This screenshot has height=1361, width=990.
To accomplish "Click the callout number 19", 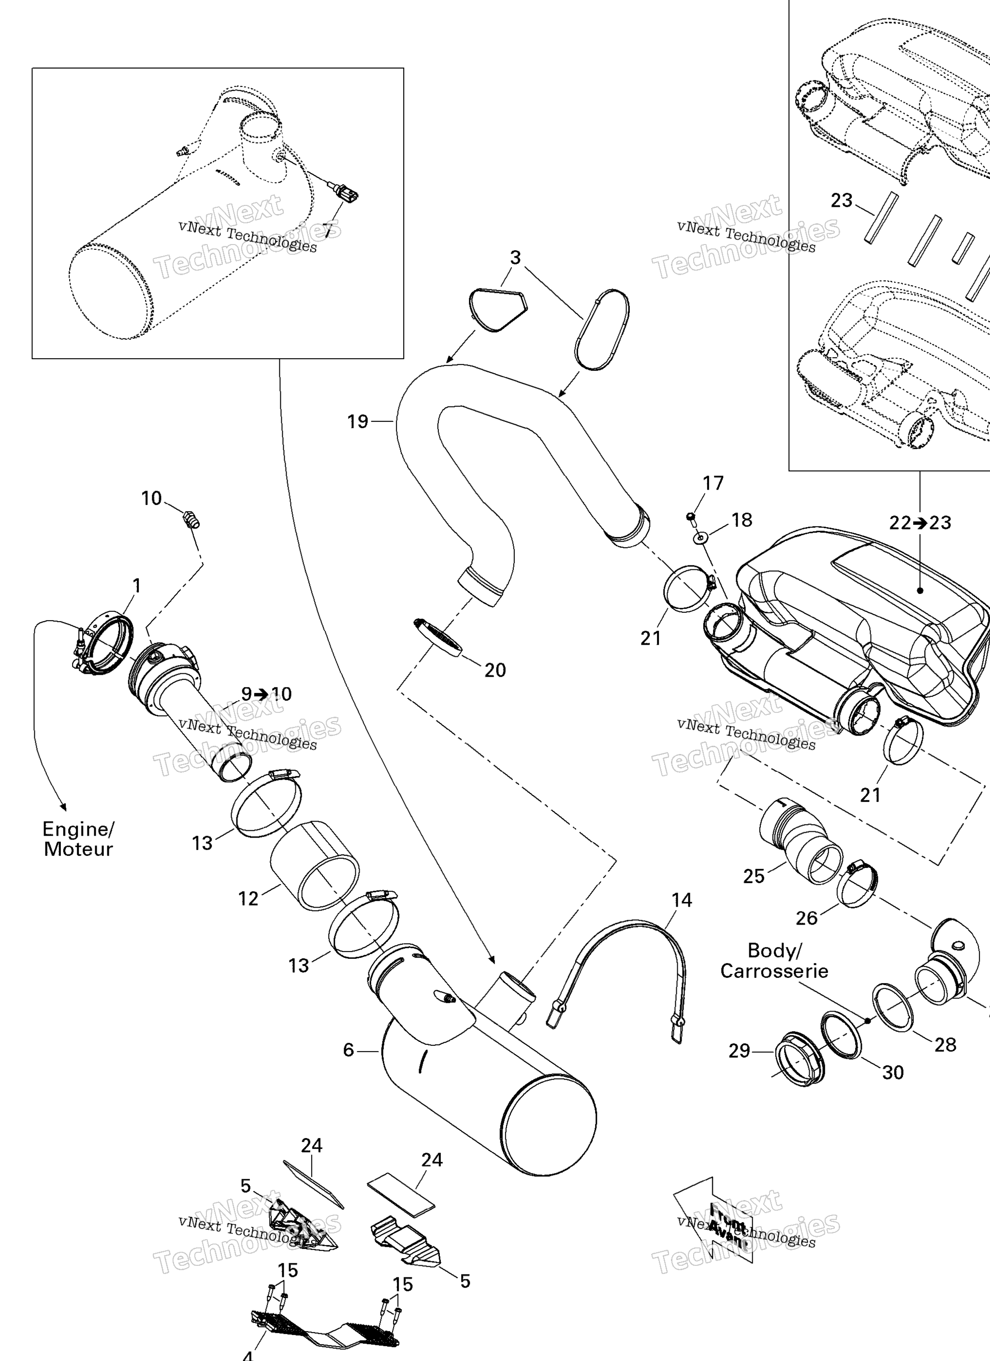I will coord(357,422).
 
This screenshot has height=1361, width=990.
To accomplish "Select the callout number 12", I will coord(248,898).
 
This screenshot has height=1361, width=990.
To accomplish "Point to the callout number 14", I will coord(682,899).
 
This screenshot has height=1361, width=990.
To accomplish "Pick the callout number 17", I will coord(713,483).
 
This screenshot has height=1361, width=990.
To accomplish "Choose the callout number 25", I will coord(754,876).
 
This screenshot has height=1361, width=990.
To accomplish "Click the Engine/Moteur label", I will coord(78,839).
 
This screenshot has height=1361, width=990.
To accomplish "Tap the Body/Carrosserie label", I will coord(774,960).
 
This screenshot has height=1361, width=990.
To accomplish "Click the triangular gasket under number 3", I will coord(498,310).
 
